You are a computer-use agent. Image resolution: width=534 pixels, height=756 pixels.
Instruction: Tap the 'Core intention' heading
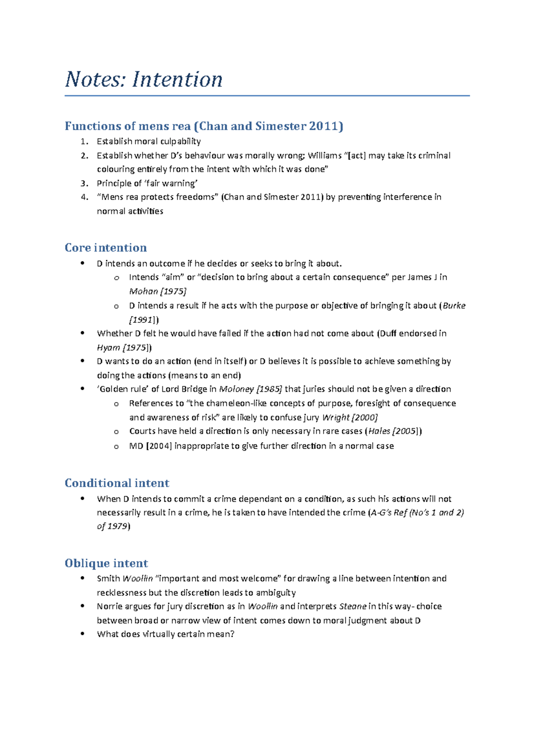pyautogui.click(x=105, y=248)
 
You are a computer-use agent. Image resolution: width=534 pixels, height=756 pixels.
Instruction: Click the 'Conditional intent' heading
pyautogui.click(x=117, y=483)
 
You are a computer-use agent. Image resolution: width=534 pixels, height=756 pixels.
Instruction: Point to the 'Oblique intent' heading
pyautogui.click(x=106, y=563)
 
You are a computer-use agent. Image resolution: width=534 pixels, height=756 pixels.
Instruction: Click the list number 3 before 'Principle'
pyautogui.click(x=84, y=183)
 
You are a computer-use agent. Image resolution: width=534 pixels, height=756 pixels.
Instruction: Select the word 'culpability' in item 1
pyautogui.click(x=180, y=141)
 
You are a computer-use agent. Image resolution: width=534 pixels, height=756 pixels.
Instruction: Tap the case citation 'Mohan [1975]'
pyautogui.click(x=158, y=291)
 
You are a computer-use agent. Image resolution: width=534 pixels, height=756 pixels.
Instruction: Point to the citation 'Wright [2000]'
pyautogui.click(x=350, y=417)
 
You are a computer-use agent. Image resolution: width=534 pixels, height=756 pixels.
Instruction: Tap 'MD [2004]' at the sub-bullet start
pyautogui.click(x=150, y=446)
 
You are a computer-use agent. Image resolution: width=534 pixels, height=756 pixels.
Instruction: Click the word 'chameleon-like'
pyautogui.click(x=239, y=403)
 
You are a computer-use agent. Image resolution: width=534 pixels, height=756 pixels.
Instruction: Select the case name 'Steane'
pyautogui.click(x=352, y=606)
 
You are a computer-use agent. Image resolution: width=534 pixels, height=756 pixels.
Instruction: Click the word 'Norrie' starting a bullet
pyautogui.click(x=110, y=606)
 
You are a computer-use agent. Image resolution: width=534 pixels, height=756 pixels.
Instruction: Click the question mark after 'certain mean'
pyautogui.click(x=232, y=634)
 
